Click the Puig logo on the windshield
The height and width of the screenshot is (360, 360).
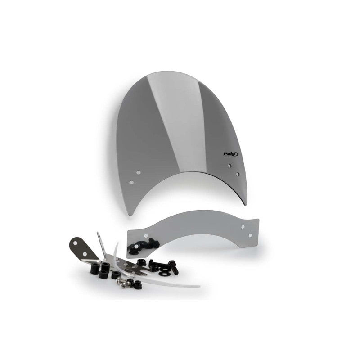[231, 154]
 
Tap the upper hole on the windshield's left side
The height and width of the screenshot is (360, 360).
[139, 172]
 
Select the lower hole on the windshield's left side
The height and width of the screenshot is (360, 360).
[131, 183]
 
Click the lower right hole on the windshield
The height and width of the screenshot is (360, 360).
[237, 174]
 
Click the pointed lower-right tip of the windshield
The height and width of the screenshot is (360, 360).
[246, 205]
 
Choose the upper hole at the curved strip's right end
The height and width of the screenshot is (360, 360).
[243, 227]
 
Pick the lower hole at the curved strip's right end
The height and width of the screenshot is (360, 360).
[250, 235]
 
